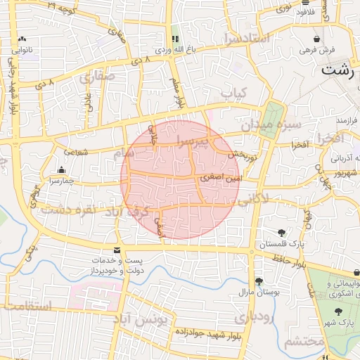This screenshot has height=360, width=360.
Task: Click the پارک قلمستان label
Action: [281, 245]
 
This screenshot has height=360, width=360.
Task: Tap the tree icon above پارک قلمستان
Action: [281, 233]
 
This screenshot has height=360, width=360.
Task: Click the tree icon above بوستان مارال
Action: [259, 281]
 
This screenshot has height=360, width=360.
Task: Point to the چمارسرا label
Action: [62, 181]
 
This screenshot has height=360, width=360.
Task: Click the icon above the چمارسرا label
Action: [62, 169]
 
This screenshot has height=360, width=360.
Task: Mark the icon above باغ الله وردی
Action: [175, 39]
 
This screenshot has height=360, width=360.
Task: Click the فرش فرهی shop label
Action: [316, 51]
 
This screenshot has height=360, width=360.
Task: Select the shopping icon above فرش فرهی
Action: [316, 39]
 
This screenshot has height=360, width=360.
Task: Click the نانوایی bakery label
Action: [23, 51]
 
